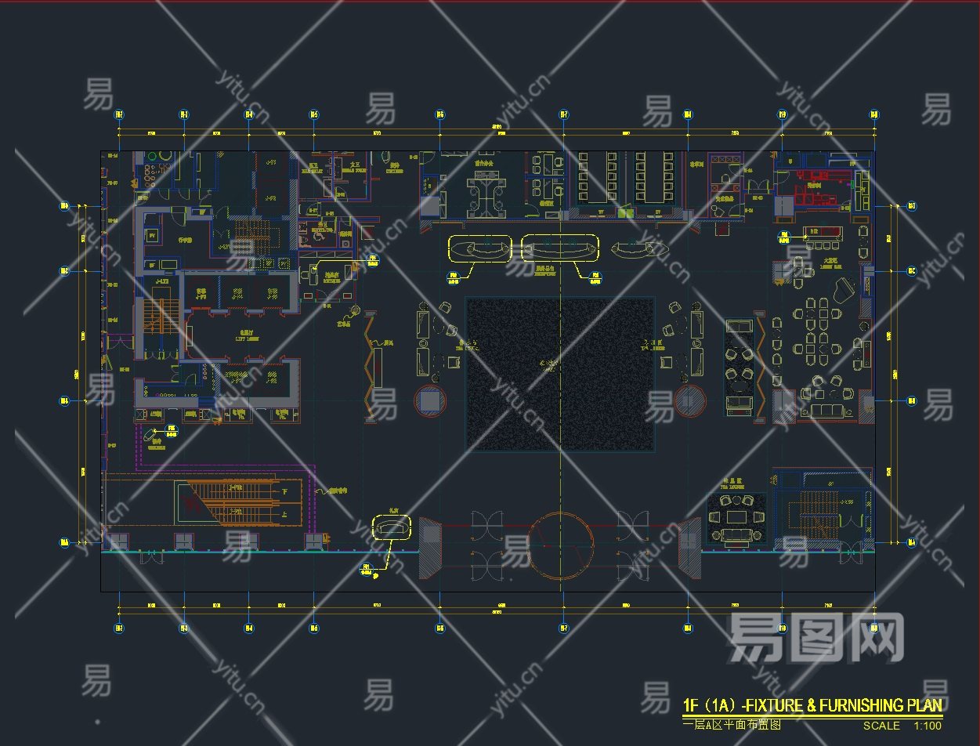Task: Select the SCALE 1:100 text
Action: click(x=902, y=726)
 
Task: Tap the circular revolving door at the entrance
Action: click(x=562, y=545)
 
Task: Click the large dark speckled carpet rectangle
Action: click(x=560, y=374)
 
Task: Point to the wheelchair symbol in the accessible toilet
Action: click(x=320, y=232)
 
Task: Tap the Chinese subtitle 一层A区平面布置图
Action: click(x=732, y=726)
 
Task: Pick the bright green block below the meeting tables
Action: click(x=624, y=212)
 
